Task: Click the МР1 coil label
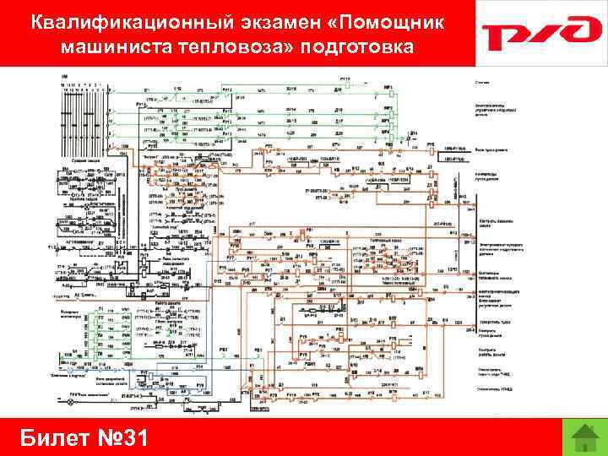pos(388,88)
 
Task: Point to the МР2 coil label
pos(387,106)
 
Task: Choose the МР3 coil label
pos(387,118)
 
